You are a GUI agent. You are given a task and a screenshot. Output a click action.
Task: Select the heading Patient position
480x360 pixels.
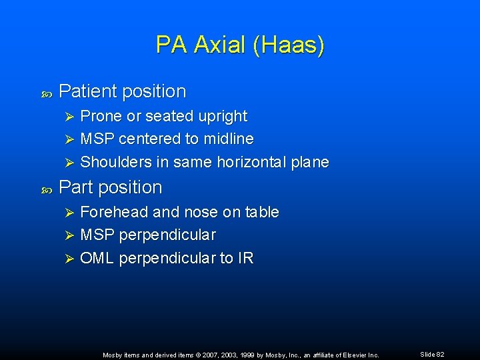pos(122,91)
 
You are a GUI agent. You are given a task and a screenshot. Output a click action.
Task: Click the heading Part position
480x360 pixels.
pos(110,187)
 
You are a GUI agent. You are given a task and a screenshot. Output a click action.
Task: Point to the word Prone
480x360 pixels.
pos(101,117)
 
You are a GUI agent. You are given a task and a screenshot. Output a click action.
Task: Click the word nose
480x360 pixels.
pos(203,213)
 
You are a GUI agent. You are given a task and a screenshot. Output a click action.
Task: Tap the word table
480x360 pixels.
pos(262,213)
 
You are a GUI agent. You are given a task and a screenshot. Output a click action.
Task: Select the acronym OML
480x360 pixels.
pos(97,258)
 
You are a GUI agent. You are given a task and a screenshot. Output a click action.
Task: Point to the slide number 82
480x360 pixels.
pos(440,355)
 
